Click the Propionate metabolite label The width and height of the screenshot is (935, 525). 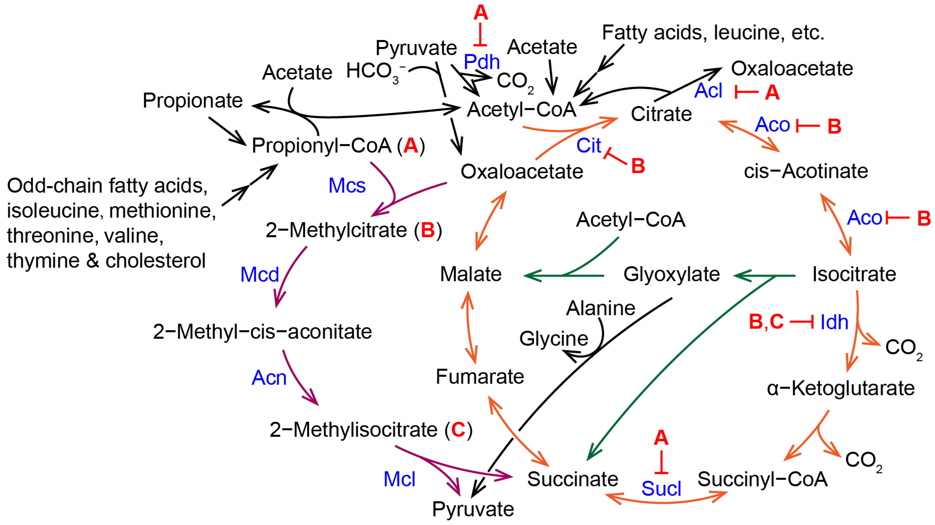click(192, 101)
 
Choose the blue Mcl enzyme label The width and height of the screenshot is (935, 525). click(399, 479)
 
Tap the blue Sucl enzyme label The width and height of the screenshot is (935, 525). click(661, 488)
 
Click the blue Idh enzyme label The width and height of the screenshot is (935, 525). click(834, 322)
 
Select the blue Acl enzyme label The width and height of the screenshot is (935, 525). click(708, 91)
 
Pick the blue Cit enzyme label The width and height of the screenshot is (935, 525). click(589, 146)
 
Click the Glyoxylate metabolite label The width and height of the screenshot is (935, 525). click(671, 274)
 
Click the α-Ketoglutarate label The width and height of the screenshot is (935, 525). click(841, 388)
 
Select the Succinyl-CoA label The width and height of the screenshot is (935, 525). click(763, 479)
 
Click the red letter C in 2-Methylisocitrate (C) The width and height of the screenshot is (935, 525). click(458, 430)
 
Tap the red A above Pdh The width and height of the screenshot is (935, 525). click(481, 13)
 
